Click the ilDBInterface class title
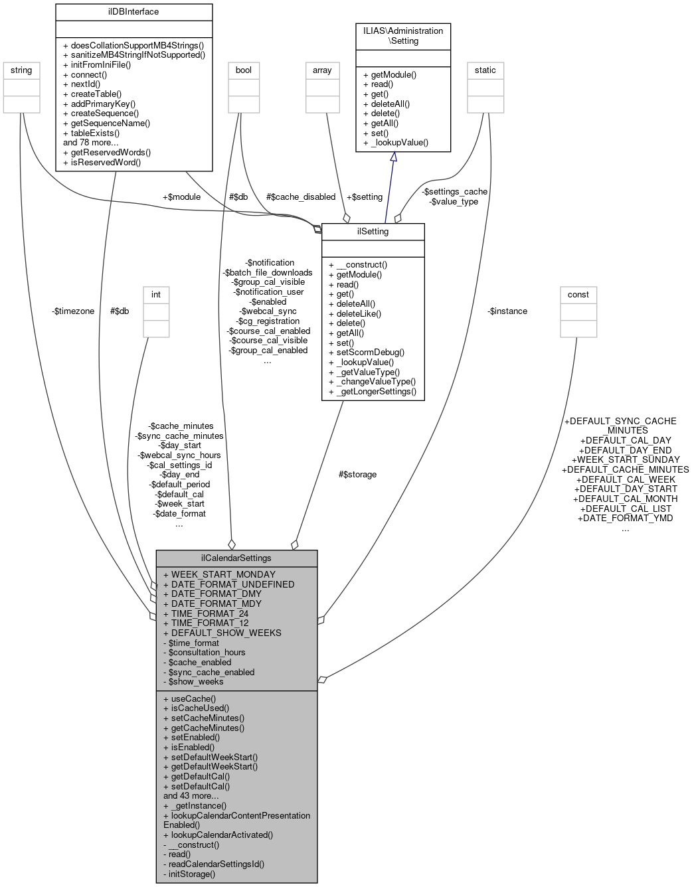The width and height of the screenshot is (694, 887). (x=133, y=12)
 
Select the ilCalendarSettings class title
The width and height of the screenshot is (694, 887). (x=236, y=558)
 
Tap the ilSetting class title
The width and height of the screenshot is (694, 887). (x=373, y=232)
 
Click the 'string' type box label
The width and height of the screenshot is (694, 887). (x=21, y=70)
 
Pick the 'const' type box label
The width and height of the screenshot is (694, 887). (x=578, y=295)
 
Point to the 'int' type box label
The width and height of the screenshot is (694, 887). (x=156, y=295)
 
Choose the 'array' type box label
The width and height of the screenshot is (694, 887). (x=322, y=70)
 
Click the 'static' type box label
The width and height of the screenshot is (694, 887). (x=485, y=70)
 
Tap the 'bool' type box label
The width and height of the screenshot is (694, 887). (x=244, y=70)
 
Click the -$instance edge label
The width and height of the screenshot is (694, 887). (x=507, y=311)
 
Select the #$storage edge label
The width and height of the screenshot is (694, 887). (x=357, y=475)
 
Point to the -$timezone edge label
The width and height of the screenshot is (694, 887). (x=73, y=311)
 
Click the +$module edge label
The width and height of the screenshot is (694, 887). (x=181, y=197)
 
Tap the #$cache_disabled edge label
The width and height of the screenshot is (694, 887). (x=301, y=197)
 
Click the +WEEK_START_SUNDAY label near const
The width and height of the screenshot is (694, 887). (x=626, y=459)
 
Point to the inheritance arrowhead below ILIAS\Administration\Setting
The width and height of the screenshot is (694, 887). (x=393, y=157)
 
